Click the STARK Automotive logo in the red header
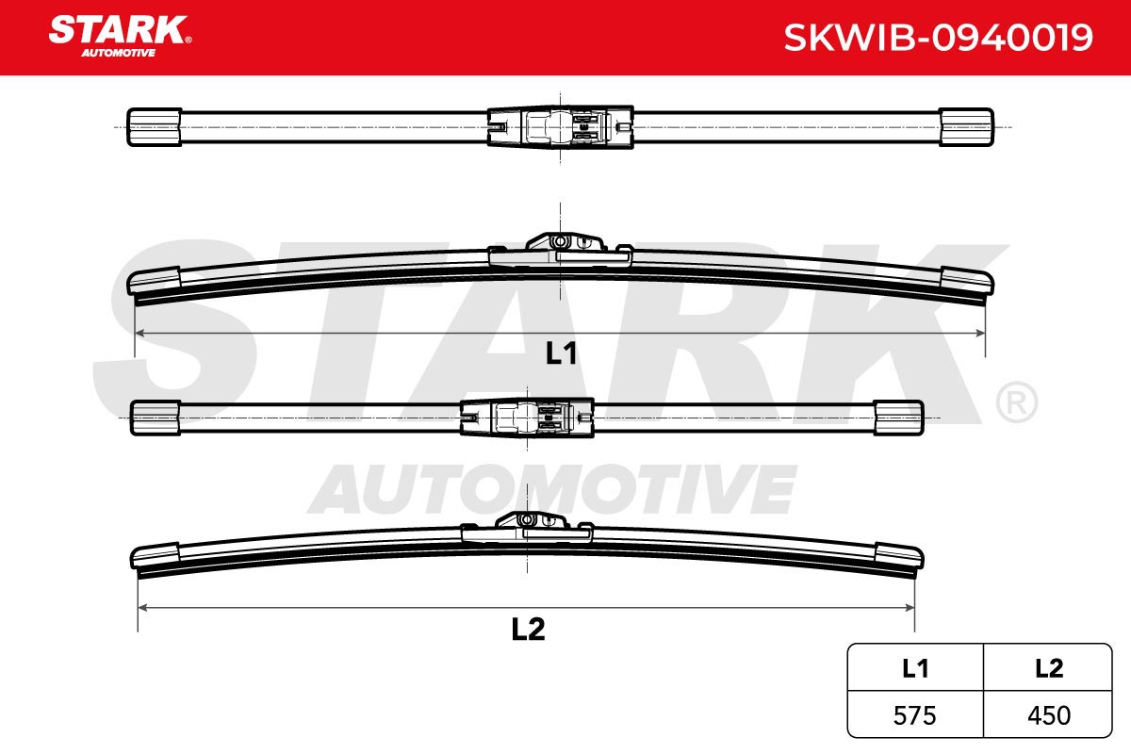[120, 37]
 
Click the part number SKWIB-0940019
[938, 38]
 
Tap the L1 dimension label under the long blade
[561, 353]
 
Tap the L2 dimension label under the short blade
[528, 630]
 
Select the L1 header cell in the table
[915, 668]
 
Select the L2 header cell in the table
[1048, 668]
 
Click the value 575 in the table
[914, 715]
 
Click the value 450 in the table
[1049, 715]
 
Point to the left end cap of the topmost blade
[154, 126]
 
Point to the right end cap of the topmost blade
[966, 126]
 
